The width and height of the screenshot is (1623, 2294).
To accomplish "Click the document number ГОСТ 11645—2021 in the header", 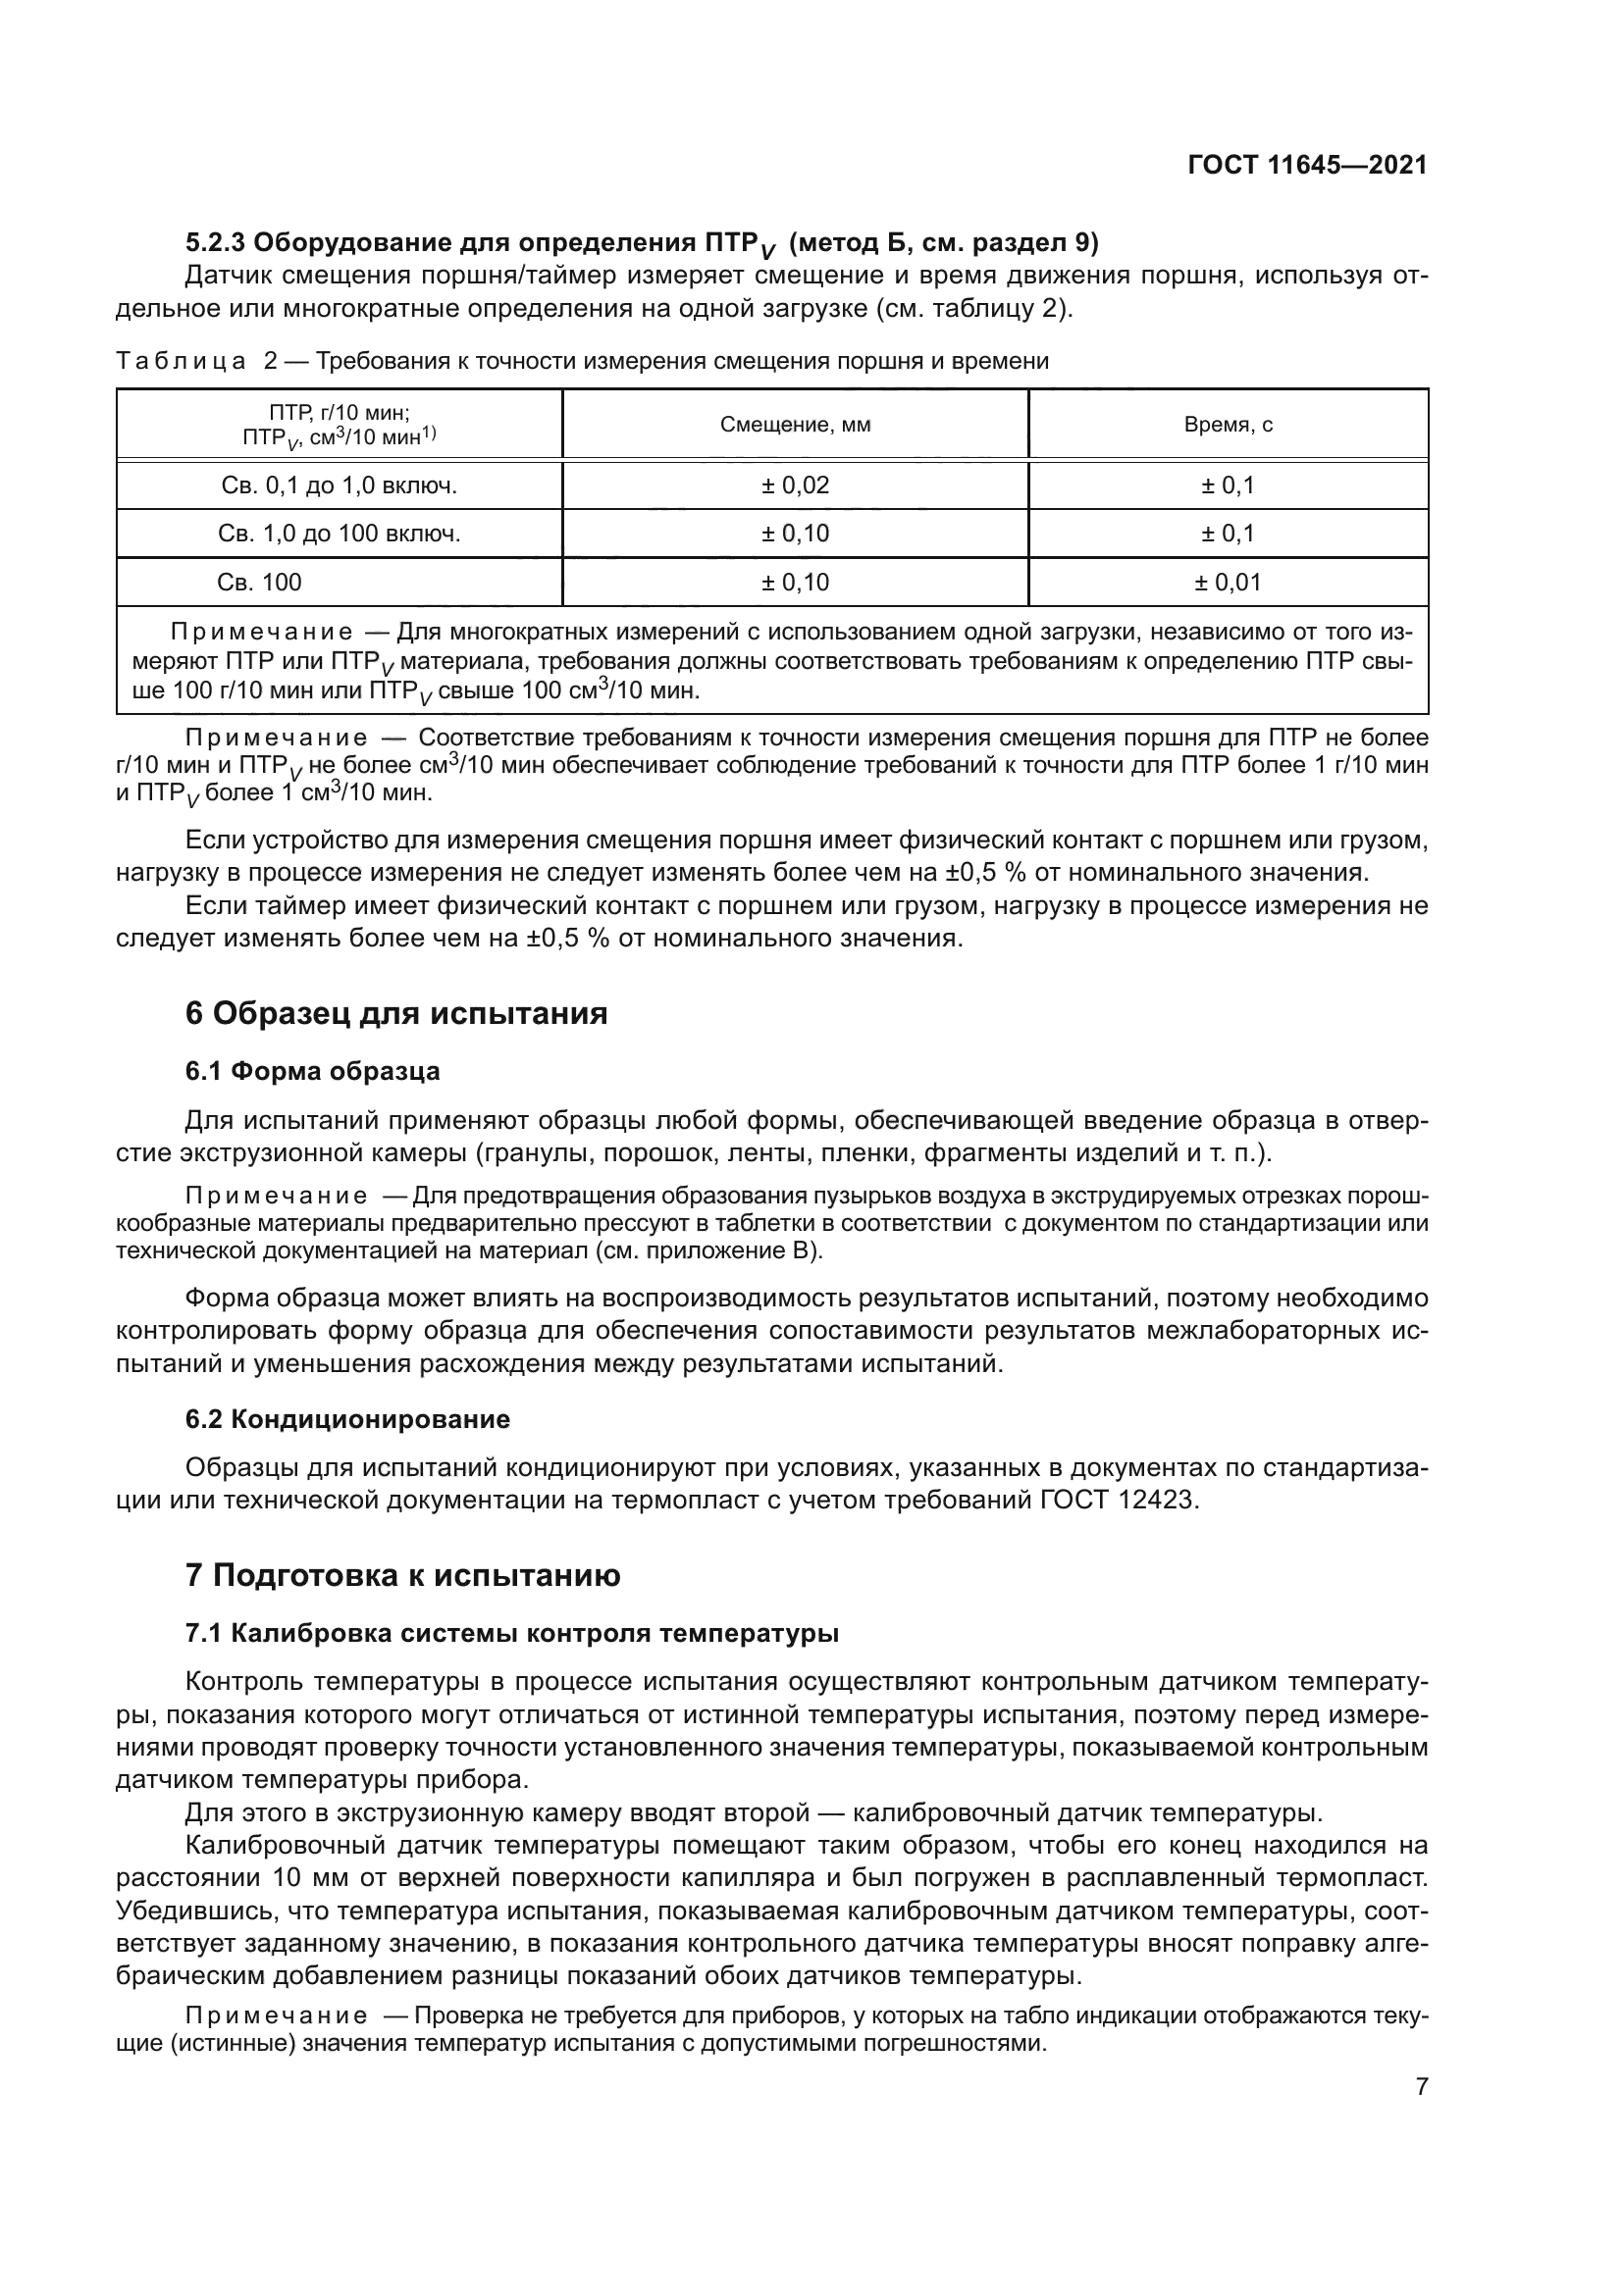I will click(1307, 166).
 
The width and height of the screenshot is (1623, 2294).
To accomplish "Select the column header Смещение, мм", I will click(795, 425).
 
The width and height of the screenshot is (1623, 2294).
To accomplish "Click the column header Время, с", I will click(1228, 425).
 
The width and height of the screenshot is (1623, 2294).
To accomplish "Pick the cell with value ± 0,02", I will click(795, 485).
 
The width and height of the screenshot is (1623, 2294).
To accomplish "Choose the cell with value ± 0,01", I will click(1228, 583).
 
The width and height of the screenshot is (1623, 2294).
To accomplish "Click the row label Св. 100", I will click(259, 583).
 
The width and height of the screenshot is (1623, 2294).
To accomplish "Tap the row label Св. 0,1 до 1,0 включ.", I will click(339, 485).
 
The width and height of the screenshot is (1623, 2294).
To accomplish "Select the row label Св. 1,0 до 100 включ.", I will click(339, 534).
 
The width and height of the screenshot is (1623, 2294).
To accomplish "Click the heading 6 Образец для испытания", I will click(395, 1013).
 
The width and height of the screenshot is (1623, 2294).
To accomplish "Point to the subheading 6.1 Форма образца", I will click(312, 1071).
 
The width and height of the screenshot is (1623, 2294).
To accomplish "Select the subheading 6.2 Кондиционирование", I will click(346, 1420).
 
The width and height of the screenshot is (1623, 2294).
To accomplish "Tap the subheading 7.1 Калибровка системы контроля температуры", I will click(511, 1634).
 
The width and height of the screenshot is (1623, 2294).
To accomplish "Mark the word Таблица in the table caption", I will click(181, 362).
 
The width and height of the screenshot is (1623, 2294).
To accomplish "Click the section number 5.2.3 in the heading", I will click(215, 243).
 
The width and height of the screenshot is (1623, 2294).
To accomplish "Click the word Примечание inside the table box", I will click(261, 633).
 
